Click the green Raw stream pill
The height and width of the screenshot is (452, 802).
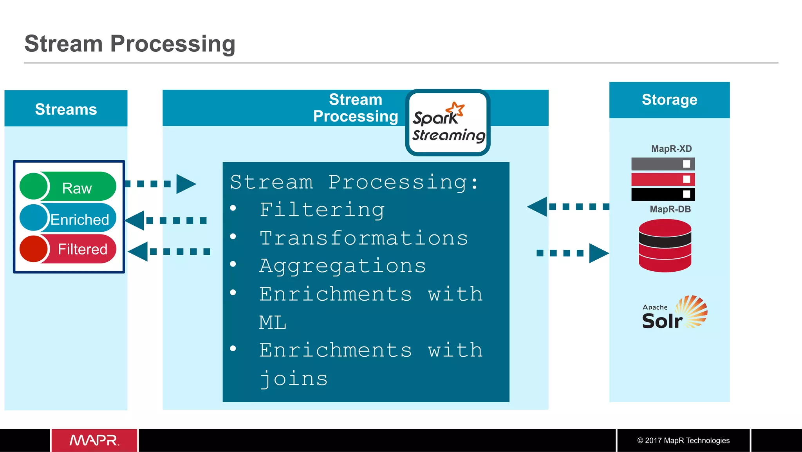point(68,187)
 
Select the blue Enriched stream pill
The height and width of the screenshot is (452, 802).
point(68,218)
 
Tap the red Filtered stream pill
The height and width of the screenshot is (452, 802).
point(68,249)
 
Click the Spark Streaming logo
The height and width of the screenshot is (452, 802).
point(448,123)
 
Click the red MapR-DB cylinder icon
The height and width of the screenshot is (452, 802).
point(665,246)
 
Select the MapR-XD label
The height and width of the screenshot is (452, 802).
point(671,149)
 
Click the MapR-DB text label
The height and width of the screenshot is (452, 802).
point(670,209)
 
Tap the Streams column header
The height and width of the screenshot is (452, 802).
point(66,109)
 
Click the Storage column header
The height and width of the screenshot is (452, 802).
point(669,100)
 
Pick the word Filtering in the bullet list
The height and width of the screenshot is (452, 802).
point(322,210)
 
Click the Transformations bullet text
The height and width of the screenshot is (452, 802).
point(363,238)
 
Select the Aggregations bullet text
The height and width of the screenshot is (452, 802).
point(342,266)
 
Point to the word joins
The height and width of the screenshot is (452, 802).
point(294,379)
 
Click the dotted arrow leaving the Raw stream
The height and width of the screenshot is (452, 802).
point(161,183)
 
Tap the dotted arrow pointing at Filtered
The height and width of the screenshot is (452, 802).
point(170,251)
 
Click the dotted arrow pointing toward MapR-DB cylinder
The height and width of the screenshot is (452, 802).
point(572,253)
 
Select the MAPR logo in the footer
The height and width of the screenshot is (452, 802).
point(94,440)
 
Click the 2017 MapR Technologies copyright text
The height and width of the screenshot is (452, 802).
point(683,440)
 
